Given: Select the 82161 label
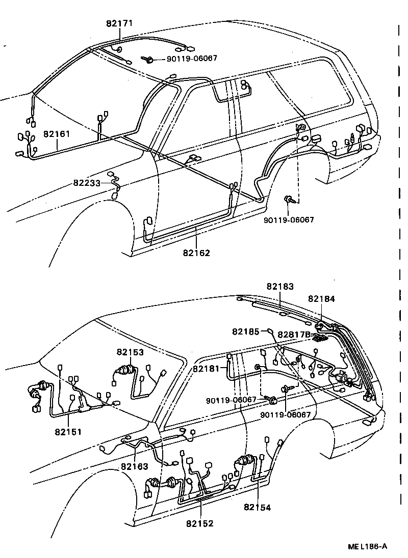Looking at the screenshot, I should [x=57, y=134].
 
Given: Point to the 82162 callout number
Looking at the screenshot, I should [x=196, y=253].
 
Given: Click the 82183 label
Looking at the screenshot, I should [x=280, y=287].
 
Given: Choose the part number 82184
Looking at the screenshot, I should [x=321, y=299].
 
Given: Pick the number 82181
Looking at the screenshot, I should [x=207, y=368].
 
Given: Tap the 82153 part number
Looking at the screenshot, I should [x=130, y=352].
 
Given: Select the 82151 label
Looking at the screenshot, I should [x=69, y=432].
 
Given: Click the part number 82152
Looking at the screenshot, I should [x=199, y=523].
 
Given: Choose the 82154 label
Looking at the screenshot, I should [x=258, y=507].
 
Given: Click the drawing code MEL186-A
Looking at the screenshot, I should [x=368, y=547].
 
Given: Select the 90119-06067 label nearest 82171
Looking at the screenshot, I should [x=192, y=59].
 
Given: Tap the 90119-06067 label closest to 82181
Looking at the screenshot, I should [x=231, y=400].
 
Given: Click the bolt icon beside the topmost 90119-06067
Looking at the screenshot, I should [x=150, y=60].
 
